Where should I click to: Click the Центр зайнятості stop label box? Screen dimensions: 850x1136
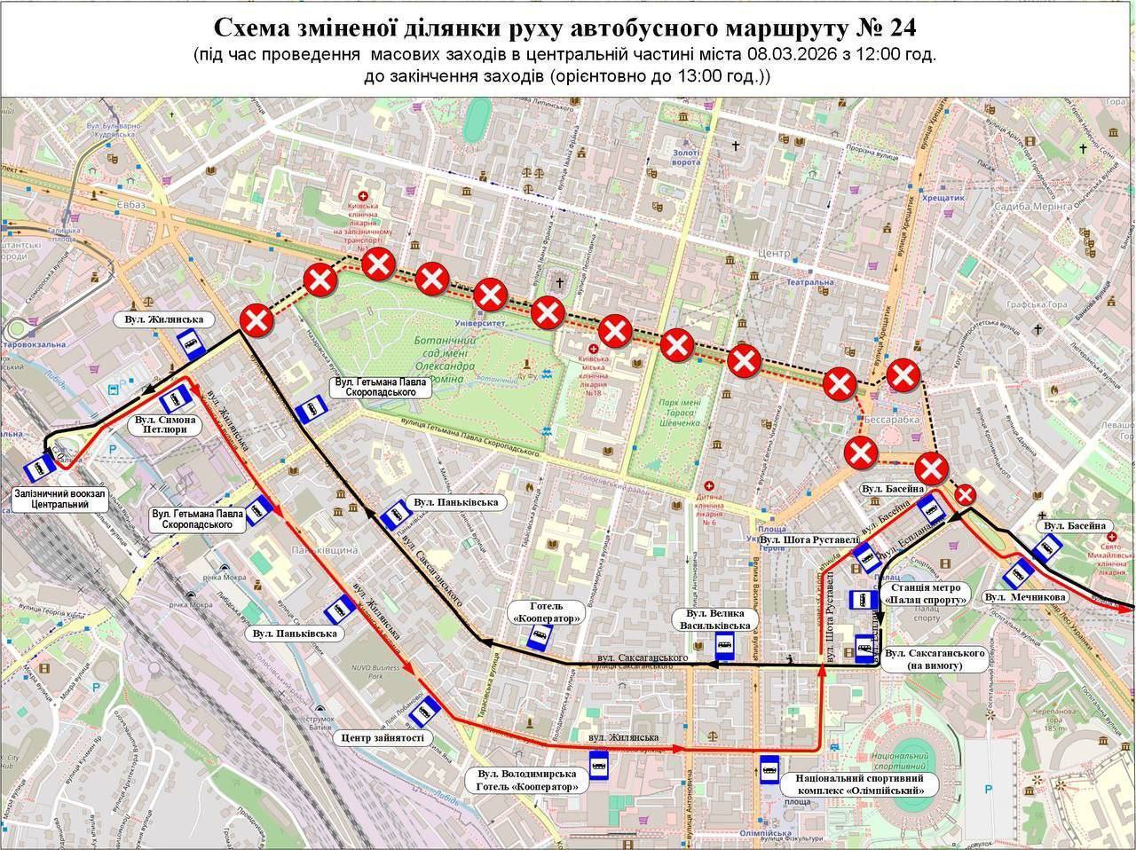pos(383,737)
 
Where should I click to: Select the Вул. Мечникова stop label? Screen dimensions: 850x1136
pos(1025,597)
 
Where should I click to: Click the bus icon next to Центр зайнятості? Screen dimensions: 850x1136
pos(430,709)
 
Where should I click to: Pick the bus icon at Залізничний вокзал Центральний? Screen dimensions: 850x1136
pos(37,468)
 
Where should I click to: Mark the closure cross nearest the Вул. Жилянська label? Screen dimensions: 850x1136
pos(258,320)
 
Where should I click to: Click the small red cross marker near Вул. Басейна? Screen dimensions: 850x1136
pos(965,495)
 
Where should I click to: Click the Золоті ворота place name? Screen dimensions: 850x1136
pos(686,157)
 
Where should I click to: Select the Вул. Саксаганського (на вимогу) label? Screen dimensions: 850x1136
pos(935,658)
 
